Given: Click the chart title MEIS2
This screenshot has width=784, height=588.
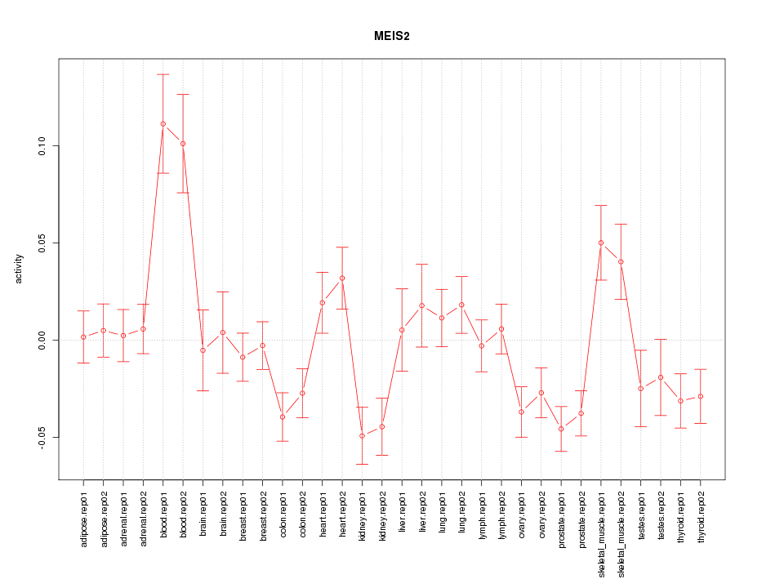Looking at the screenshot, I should coord(392,37).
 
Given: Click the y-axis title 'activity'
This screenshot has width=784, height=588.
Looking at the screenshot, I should coord(19,269).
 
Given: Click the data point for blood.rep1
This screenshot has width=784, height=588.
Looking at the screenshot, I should coord(163,124).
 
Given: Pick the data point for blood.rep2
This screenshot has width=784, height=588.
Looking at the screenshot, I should coord(183,144).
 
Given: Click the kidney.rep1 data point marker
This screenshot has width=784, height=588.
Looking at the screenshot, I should coord(363,436).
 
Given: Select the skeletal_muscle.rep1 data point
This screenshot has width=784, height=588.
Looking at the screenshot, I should coord(601,243).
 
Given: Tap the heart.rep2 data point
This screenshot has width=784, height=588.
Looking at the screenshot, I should coord(342,278).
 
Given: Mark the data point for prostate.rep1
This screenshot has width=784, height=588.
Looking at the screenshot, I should coord(561,429).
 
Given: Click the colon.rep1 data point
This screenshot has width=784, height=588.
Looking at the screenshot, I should coord(283,416).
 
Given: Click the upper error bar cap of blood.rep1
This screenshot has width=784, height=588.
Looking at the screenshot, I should coord(163,74).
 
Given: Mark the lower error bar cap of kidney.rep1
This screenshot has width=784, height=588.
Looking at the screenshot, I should coord(363,464).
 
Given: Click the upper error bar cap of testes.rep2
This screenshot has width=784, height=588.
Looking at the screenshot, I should coord(661,339).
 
